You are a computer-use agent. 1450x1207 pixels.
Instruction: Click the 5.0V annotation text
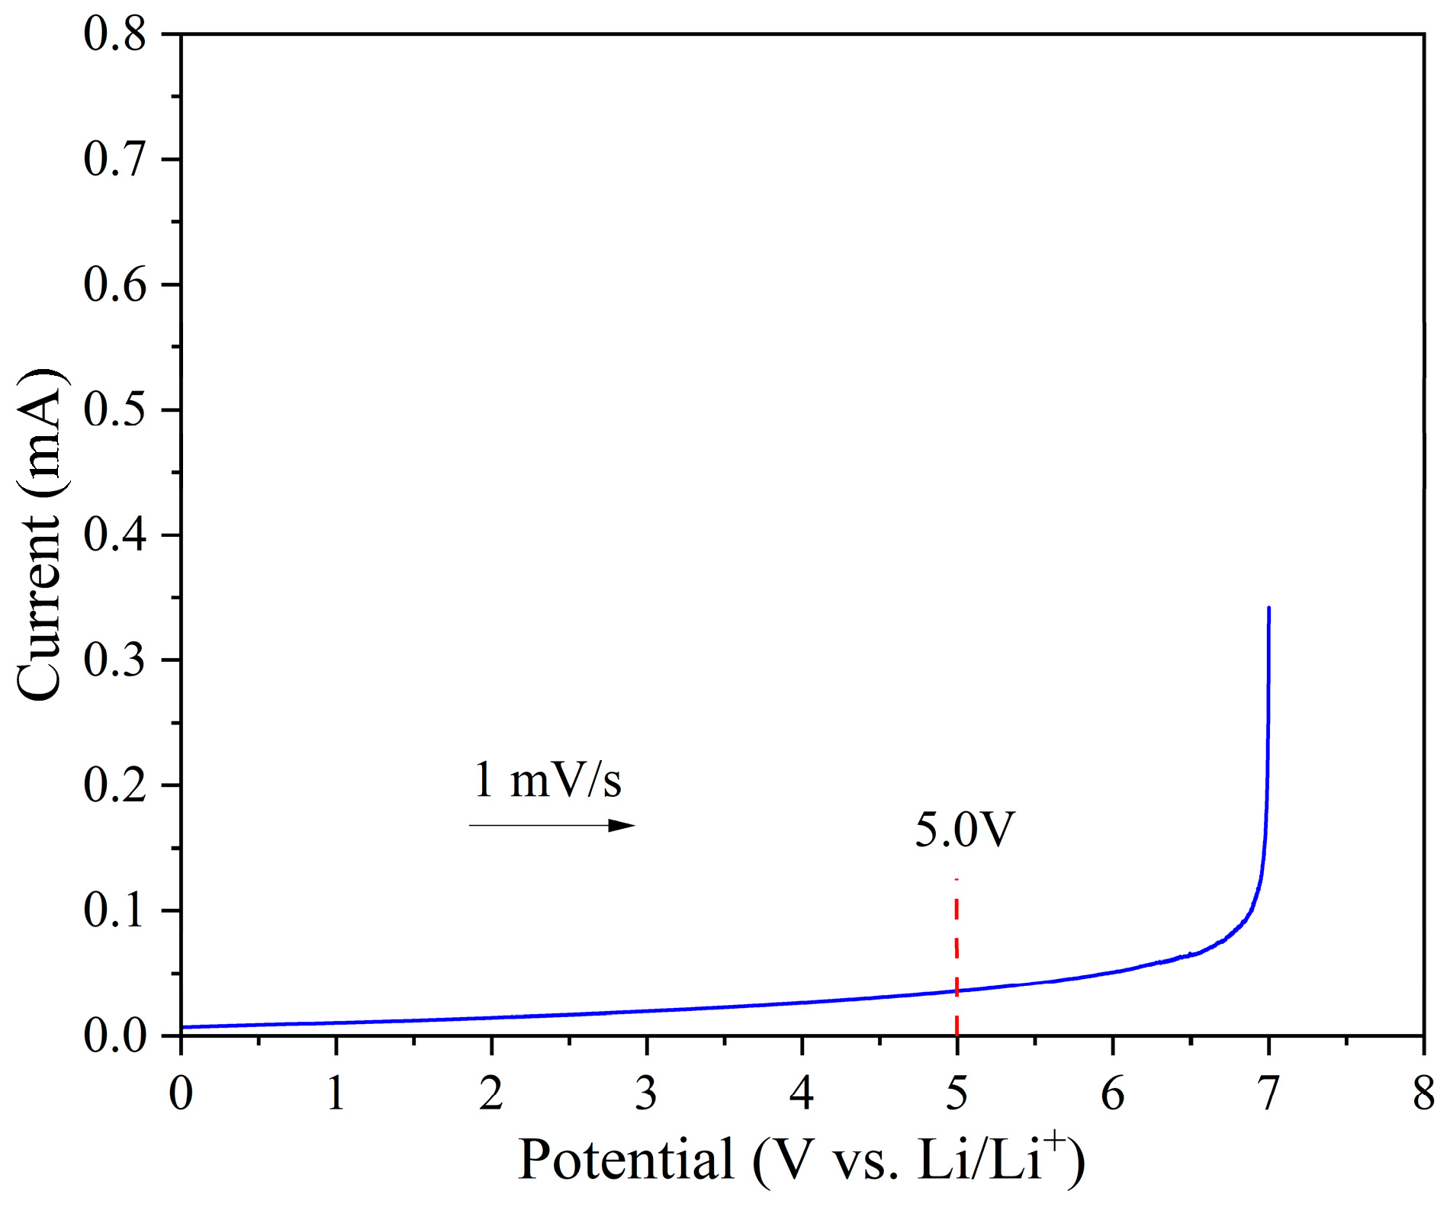[965, 830]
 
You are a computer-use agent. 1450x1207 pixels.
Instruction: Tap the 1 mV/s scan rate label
[547, 780]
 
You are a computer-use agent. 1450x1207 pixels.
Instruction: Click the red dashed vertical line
[956, 953]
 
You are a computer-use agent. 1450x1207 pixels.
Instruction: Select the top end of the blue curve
[1268, 608]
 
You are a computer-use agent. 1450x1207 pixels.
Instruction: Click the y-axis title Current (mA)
[40, 534]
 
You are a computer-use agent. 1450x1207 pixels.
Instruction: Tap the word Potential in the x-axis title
[625, 1159]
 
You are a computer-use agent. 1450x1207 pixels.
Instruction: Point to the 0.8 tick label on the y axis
[114, 35]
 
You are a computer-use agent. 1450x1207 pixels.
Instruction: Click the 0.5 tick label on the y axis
[114, 410]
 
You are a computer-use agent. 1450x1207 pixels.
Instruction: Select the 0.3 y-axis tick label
[114, 660]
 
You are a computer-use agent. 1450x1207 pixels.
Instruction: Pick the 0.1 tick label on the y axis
[114, 910]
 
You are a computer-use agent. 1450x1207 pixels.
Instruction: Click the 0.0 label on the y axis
[114, 1035]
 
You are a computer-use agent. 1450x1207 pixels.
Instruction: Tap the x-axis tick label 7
[1268, 1093]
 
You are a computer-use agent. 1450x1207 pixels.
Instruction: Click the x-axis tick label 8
[1423, 1093]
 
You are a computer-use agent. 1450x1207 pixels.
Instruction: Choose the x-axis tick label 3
[646, 1093]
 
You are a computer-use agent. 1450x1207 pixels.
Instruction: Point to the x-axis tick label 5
[956, 1093]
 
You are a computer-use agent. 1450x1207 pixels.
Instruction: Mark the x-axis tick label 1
[336, 1093]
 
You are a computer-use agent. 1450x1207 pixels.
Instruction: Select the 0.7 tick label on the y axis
[114, 160]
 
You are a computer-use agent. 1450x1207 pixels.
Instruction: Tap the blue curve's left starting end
[184, 1027]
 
